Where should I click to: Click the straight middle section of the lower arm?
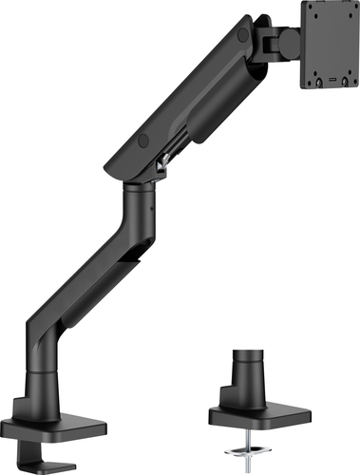(x=90, y=285)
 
